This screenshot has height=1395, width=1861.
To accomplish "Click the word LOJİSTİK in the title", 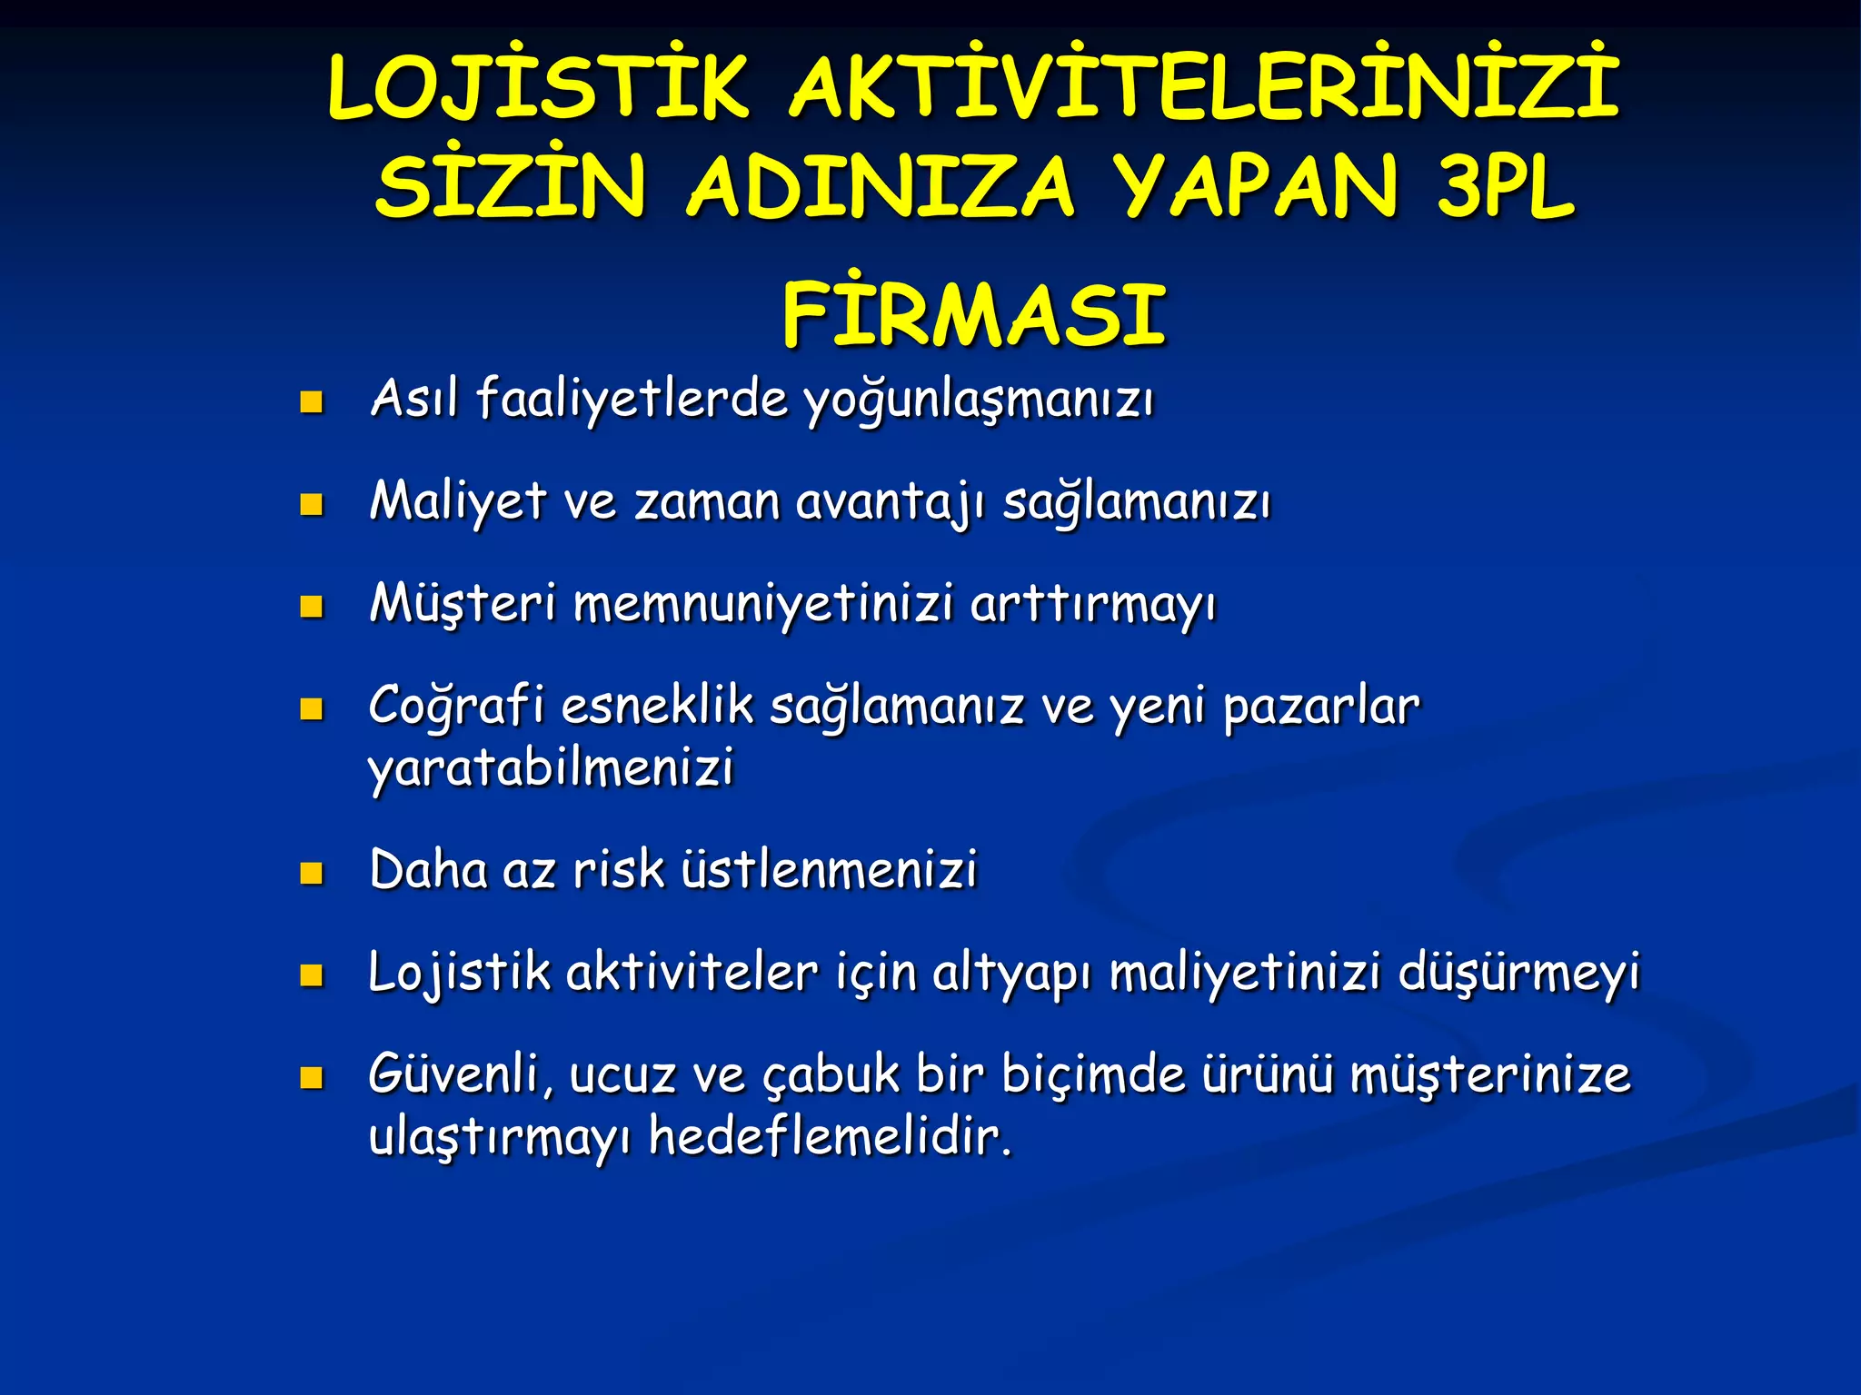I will pos(538,89).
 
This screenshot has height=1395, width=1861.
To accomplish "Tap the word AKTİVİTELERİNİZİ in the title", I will pos(1204,89).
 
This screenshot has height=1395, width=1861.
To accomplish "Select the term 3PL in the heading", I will pos(1504,188).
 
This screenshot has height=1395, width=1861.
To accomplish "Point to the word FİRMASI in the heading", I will pos(973,314).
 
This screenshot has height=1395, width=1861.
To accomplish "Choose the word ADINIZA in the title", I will pos(881,188).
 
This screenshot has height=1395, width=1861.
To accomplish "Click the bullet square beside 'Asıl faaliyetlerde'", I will pos(312,402).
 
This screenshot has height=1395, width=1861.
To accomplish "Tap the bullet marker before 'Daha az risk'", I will pos(312,873).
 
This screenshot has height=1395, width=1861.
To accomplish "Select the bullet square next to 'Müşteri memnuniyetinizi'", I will pos(312,607).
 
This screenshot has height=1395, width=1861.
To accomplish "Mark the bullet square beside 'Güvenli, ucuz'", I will pos(312,1077).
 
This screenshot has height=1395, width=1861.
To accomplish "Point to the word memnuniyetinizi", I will pos(763,605).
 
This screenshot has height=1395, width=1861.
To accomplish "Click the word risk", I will pos(618,870).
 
